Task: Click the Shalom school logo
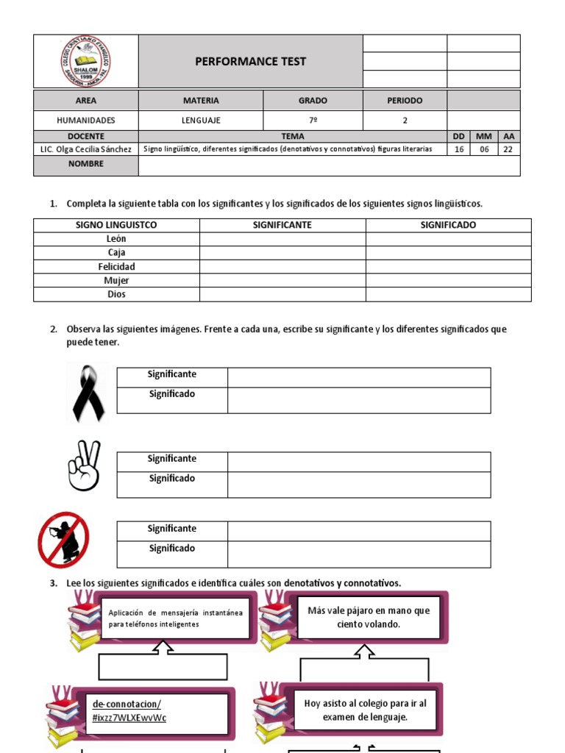[86, 62]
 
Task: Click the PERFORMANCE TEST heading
[250, 62]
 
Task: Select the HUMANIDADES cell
[86, 120]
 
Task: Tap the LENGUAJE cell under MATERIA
[201, 120]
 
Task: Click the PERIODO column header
[405, 101]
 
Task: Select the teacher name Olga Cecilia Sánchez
[86, 149]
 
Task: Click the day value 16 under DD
[459, 149]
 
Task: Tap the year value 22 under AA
[508, 149]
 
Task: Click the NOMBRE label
[86, 165]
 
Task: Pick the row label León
[116, 239]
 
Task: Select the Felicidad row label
[116, 267]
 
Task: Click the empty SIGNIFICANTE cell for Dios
[282, 294]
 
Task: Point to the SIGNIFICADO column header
[448, 225]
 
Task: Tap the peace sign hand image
[83, 466]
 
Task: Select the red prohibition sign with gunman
[64, 540]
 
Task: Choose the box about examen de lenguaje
[365, 710]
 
